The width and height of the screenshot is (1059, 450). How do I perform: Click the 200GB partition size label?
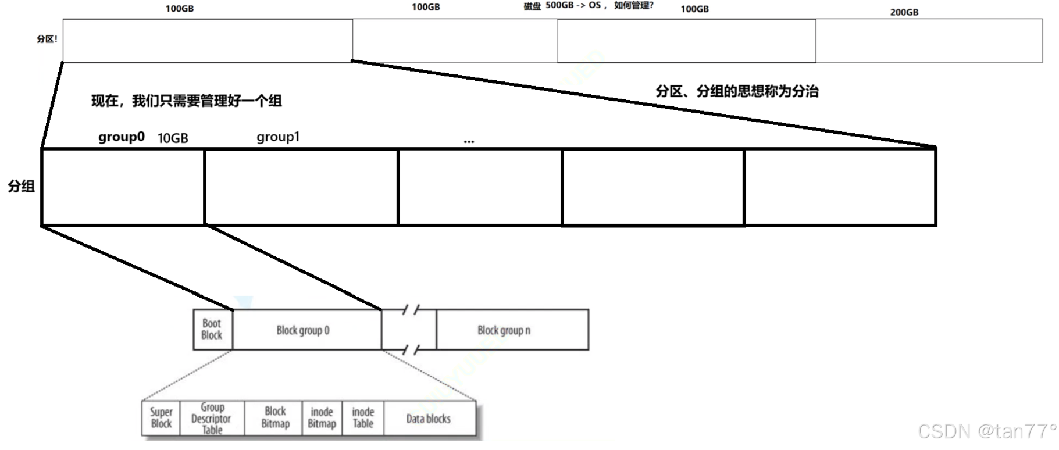point(904,12)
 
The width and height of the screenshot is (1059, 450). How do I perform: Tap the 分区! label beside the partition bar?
point(47,39)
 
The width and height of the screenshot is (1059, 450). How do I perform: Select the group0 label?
point(121,137)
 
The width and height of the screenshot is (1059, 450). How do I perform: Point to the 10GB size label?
point(173,138)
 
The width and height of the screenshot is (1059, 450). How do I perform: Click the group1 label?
point(278,137)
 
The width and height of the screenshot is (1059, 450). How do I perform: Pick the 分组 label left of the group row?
point(21,186)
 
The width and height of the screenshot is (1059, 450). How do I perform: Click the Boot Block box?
point(212,329)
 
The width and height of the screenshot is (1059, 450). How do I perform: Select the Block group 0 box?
point(303,330)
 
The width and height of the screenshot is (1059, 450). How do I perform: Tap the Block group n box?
point(504,330)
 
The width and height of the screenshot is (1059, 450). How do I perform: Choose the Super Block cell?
point(161,417)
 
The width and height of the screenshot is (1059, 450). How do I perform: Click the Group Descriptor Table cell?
point(212,419)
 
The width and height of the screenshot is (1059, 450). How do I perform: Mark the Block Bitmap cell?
point(275,417)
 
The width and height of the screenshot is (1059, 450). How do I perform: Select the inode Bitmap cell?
point(322,417)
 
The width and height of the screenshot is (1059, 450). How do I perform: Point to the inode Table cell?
point(363,417)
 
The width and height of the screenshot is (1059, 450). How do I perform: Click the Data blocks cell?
point(429,419)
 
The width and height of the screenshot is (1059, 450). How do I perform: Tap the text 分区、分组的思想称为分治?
point(737,91)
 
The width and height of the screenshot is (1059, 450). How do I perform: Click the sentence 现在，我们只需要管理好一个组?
point(186,101)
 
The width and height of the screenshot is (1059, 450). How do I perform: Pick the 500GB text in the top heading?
point(559,5)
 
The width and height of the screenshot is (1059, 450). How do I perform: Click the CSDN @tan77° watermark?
point(986,431)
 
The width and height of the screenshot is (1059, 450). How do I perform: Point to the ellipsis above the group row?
point(469,141)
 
